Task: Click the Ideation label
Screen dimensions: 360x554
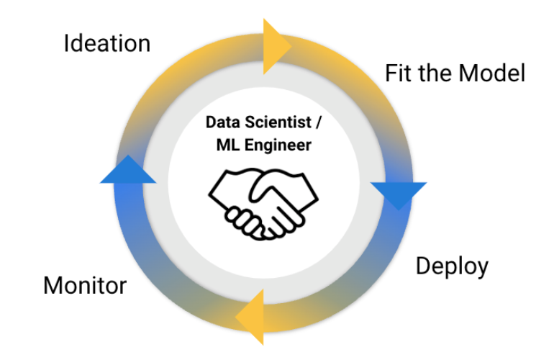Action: (107, 43)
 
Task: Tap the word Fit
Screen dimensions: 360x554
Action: (399, 73)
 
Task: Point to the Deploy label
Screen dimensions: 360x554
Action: (452, 266)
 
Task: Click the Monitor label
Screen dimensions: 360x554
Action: (85, 285)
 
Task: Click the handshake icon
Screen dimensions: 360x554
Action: (263, 201)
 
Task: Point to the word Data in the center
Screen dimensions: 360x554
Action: (221, 122)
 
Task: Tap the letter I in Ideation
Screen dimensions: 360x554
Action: (66, 43)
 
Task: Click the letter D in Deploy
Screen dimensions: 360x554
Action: (423, 266)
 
